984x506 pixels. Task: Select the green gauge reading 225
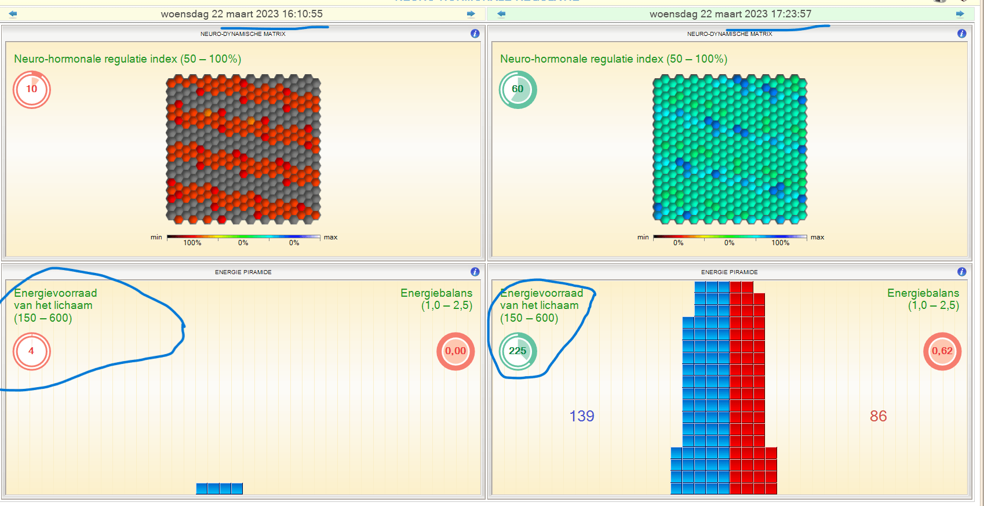[518, 351]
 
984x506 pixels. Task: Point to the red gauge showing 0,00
[455, 351]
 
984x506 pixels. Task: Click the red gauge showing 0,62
[942, 351]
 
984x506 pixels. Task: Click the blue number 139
[582, 416]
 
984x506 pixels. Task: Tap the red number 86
[878, 416]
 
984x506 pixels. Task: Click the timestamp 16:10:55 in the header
[303, 14]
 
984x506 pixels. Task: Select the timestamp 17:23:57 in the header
[790, 14]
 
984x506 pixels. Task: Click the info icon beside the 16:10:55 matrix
[475, 34]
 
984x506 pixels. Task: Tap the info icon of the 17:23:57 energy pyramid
[961, 272]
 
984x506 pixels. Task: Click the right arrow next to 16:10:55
[471, 14]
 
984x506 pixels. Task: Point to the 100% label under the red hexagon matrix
[192, 243]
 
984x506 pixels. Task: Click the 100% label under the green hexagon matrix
[780, 243]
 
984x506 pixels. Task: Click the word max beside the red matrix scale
[331, 237]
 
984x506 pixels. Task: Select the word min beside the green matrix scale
[643, 237]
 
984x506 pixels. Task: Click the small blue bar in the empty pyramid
[219, 489]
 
